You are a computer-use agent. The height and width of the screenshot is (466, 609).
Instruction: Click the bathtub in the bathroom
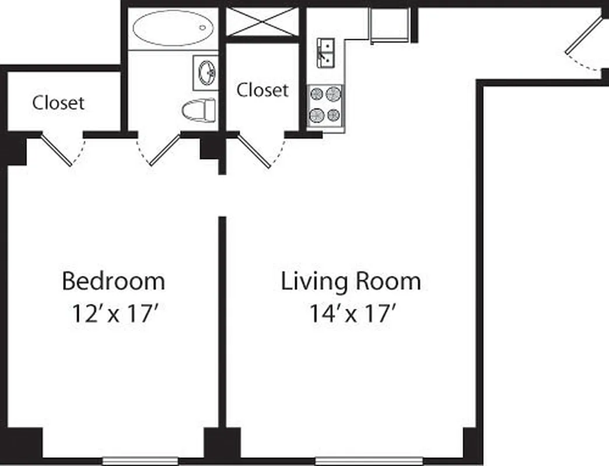(173, 28)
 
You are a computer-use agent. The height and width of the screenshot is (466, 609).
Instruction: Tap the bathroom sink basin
(205, 73)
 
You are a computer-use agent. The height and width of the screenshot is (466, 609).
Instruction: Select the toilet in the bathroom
(199, 110)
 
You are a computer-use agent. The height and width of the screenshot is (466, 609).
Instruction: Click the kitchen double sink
(325, 52)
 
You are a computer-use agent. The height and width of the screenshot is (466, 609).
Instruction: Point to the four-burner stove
(325, 105)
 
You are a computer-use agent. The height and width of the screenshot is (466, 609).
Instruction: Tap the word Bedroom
(113, 281)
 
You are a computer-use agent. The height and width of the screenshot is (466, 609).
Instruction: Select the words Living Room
(351, 281)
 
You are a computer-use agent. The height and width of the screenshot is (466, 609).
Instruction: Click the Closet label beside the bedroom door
(58, 103)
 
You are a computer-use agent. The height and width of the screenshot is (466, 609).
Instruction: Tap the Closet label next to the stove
(262, 90)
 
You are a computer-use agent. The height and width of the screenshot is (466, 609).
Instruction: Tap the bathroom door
(164, 149)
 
